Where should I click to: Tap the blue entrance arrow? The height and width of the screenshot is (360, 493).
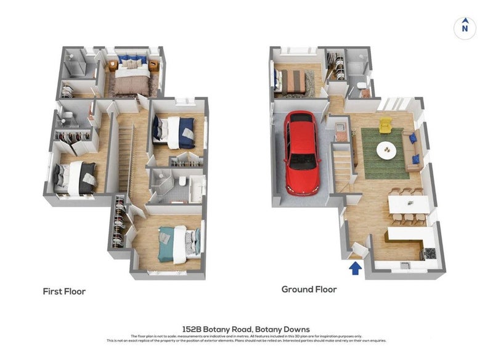[355, 268]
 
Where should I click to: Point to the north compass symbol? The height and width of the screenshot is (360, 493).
[465, 27]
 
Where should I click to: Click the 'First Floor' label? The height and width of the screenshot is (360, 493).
[64, 291]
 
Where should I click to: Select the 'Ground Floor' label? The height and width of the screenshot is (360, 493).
[309, 289]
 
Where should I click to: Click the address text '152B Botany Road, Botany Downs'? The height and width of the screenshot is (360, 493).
[246, 329]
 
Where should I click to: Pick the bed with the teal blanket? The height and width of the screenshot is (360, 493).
[178, 242]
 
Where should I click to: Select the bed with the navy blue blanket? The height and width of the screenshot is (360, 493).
[177, 131]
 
